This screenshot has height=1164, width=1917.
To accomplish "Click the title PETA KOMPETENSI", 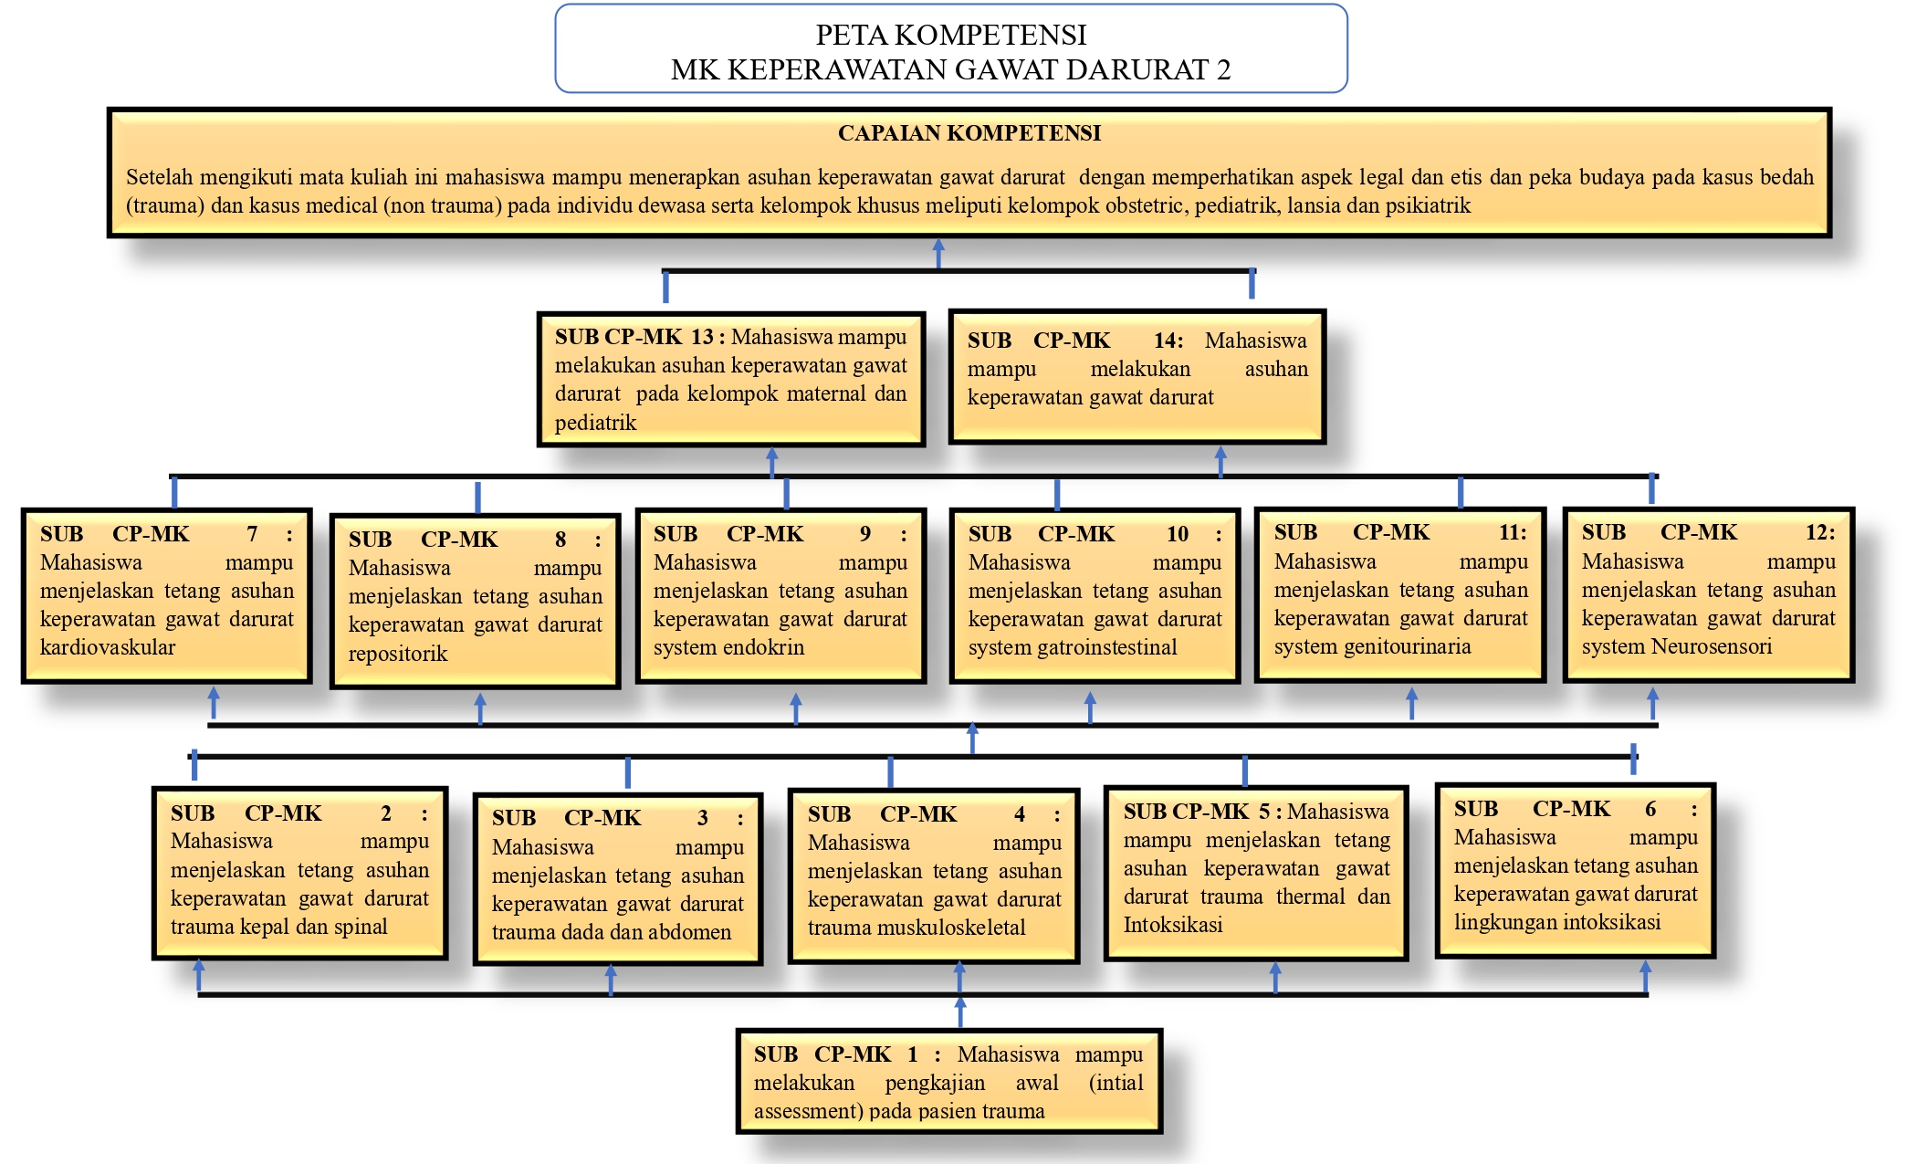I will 950,35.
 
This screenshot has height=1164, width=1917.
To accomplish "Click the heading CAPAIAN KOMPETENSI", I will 969,133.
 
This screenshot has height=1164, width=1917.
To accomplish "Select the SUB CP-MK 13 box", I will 730,379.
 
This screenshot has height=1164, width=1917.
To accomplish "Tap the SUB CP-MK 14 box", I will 1137,376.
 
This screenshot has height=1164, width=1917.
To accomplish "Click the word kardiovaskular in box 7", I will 108,647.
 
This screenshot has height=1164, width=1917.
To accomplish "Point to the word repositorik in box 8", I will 398,654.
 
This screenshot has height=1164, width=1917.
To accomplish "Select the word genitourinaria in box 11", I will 1413,646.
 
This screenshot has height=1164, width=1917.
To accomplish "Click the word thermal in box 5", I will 1310,897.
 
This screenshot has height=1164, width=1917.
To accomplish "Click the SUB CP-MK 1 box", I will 948,1082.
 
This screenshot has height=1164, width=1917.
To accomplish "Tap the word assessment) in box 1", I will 808,1111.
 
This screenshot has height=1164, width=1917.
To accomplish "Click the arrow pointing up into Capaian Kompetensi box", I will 938,250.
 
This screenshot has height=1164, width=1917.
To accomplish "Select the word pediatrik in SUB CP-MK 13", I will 595,423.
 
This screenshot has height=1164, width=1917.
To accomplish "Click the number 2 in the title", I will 1223,69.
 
